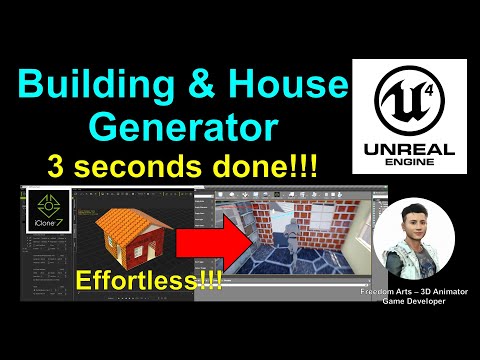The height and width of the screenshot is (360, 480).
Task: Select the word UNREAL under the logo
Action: click(409, 150)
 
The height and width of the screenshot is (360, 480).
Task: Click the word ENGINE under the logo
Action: click(409, 168)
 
